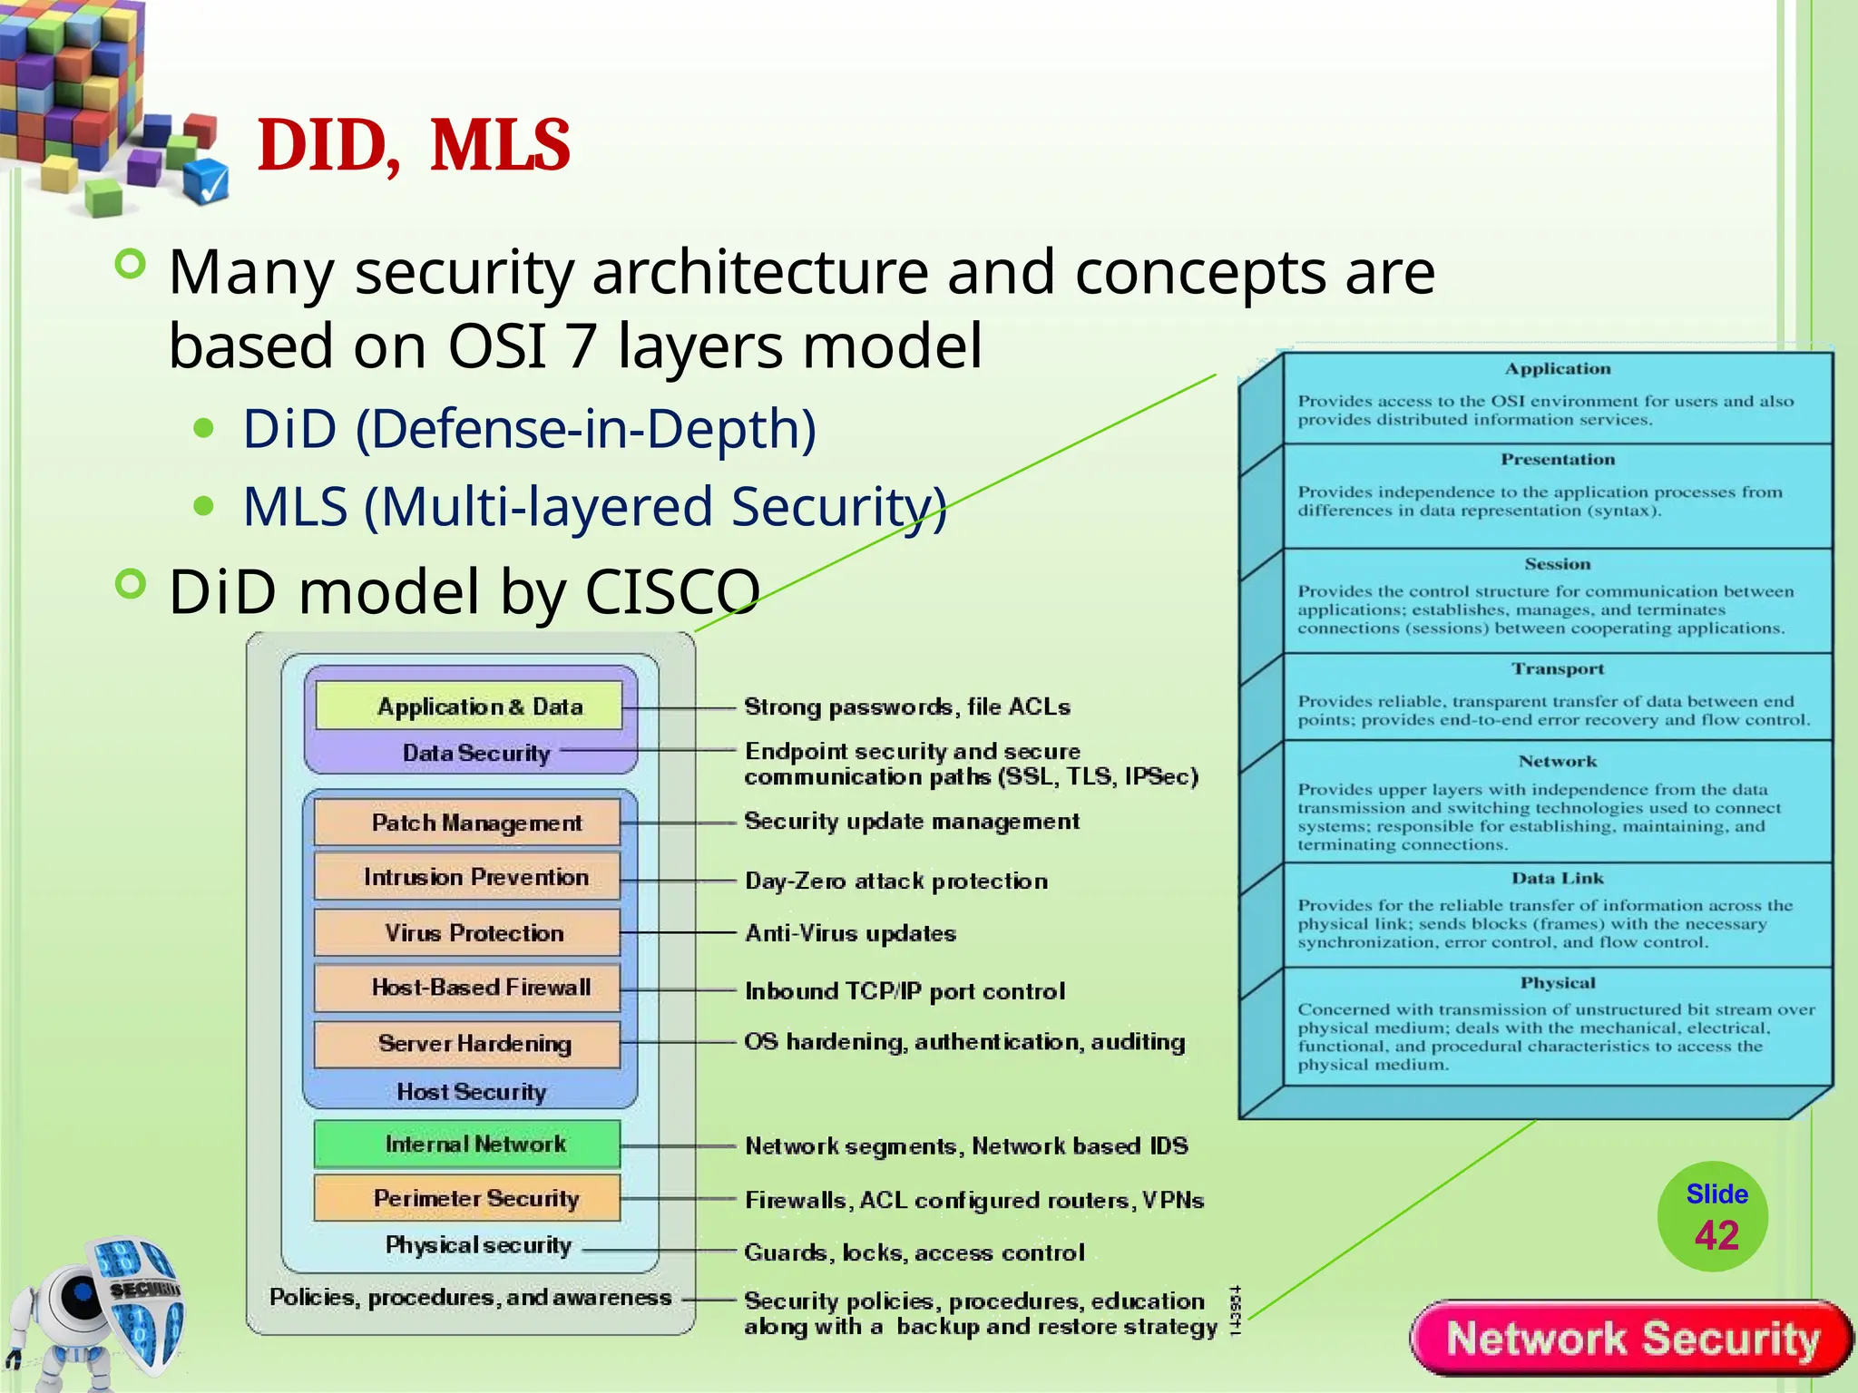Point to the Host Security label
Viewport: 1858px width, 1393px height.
[471, 1092]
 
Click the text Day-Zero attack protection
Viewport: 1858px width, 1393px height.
[895, 881]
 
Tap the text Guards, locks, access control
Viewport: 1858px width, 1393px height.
[914, 1252]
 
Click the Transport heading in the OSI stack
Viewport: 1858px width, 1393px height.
[1557, 669]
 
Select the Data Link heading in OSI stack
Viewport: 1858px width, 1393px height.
[1557, 878]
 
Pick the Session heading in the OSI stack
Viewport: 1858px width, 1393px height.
[1557, 564]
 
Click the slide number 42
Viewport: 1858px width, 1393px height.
[1716, 1235]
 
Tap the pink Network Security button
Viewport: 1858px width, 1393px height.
[1632, 1339]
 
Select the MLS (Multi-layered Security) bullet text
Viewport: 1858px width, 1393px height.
[594, 506]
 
